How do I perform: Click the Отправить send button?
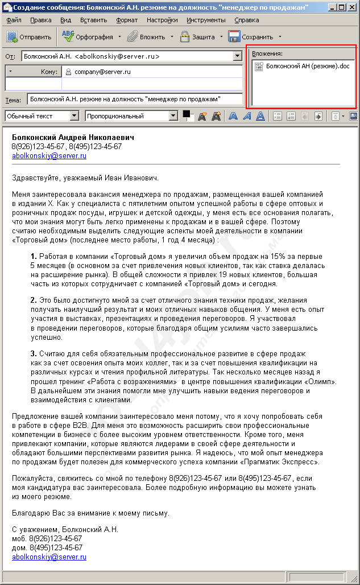[x=30, y=37]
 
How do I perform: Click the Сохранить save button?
[x=251, y=37]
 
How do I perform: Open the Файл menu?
[x=14, y=20]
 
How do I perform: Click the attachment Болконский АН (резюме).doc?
[x=303, y=67]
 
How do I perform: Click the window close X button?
[x=353, y=7]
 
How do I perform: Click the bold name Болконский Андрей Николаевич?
[x=73, y=138]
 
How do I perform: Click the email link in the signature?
[x=49, y=557]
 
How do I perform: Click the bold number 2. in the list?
[x=34, y=300]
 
